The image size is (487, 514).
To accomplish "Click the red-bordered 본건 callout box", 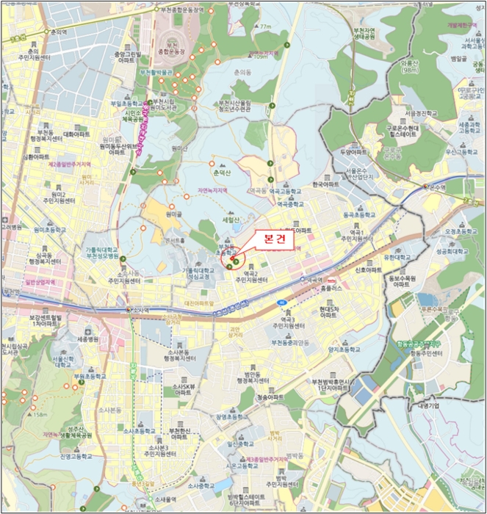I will (273, 239).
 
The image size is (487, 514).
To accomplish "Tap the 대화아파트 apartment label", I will (76, 135).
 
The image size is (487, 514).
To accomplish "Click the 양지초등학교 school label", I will (342, 350).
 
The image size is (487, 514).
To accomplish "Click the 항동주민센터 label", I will (426, 353).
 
